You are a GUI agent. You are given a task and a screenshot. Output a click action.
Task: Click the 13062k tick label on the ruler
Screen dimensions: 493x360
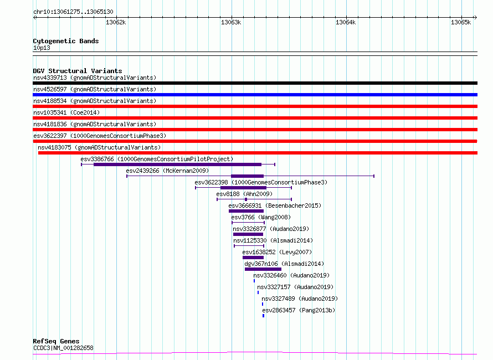tap(116, 22)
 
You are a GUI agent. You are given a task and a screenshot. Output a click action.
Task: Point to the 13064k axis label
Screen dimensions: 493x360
tap(346, 22)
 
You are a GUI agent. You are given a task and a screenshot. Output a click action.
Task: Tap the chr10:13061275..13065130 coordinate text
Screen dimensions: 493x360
tap(73, 12)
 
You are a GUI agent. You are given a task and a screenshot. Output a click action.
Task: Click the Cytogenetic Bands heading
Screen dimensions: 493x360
tap(66, 41)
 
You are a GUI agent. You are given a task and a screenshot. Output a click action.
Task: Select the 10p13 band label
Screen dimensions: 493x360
tap(42, 48)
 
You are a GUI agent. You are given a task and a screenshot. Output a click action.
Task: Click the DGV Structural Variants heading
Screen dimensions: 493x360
tap(78, 71)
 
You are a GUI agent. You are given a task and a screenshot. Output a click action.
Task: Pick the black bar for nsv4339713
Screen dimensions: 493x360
tap(255, 83)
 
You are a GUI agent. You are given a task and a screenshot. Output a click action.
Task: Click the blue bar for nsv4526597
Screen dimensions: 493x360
tap(255, 95)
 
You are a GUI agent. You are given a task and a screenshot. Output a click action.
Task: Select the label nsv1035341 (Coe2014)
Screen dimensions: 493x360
tap(66, 112)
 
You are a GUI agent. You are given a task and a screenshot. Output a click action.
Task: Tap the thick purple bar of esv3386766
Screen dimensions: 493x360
tap(178, 164)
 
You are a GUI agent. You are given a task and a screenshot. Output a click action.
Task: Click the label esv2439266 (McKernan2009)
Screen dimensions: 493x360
tap(167, 171)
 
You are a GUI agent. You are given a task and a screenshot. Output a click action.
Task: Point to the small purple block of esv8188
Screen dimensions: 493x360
tap(246, 199)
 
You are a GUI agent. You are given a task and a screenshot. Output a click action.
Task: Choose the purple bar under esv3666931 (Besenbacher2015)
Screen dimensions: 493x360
tap(246, 211)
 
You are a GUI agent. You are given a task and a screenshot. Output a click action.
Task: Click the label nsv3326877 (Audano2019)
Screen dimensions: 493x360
tap(271, 229)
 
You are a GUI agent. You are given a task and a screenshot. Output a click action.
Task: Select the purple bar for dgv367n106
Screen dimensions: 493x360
tap(263, 269)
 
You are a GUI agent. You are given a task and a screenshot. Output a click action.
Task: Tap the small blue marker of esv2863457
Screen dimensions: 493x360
tap(264, 316)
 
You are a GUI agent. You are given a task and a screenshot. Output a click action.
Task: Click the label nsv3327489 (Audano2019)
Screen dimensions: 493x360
tap(300, 299)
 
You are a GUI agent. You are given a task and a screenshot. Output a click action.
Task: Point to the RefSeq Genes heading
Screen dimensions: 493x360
tap(57, 341)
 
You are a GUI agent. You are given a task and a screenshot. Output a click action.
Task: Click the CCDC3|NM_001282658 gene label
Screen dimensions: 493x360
tap(63, 348)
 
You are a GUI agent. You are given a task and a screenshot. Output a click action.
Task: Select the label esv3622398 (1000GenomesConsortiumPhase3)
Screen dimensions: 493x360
tap(261, 182)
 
